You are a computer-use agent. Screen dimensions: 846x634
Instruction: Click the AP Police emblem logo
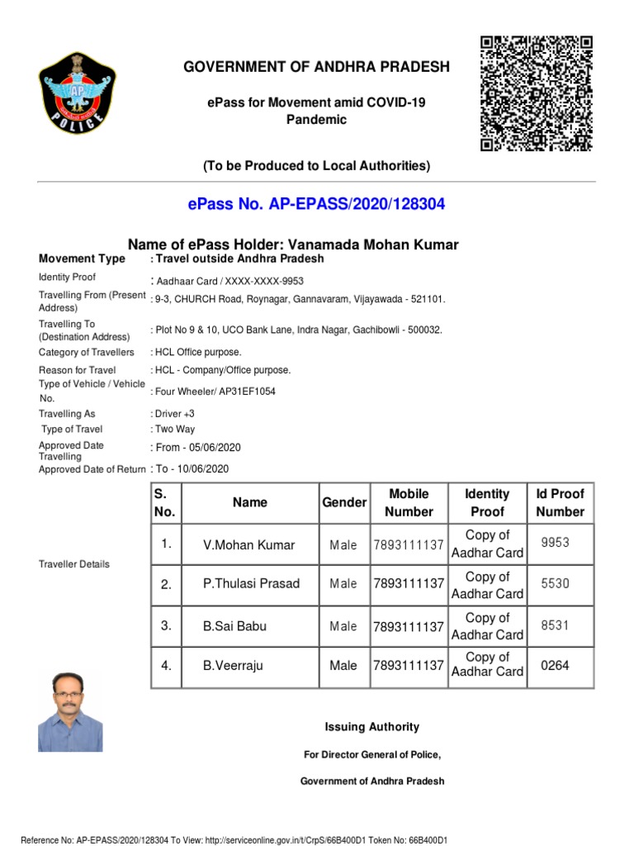tap(78, 92)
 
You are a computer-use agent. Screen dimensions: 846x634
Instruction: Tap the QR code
tap(536, 93)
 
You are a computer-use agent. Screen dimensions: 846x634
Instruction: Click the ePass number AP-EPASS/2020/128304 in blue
tap(316, 204)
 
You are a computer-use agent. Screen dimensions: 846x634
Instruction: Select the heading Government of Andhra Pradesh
tap(316, 67)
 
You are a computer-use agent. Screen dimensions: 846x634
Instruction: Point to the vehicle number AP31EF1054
tap(248, 391)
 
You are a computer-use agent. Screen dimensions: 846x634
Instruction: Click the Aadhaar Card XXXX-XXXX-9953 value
tap(228, 280)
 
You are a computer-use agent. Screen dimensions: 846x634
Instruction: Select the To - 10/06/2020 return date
tap(192, 468)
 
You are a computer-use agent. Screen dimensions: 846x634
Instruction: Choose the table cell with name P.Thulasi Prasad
tap(251, 584)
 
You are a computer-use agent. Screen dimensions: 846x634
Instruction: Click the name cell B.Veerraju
tap(233, 666)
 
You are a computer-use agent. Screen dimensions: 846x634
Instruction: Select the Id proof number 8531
tap(555, 626)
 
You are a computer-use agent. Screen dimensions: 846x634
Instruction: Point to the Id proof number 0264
tap(555, 665)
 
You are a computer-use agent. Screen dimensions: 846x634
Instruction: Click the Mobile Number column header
tap(409, 502)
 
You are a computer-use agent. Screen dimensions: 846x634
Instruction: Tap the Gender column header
tap(343, 502)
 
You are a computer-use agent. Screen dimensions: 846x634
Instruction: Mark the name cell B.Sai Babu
tap(234, 626)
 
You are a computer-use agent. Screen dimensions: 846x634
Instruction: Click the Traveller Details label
tap(73, 564)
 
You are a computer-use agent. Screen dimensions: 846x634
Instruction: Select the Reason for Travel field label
tap(77, 370)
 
